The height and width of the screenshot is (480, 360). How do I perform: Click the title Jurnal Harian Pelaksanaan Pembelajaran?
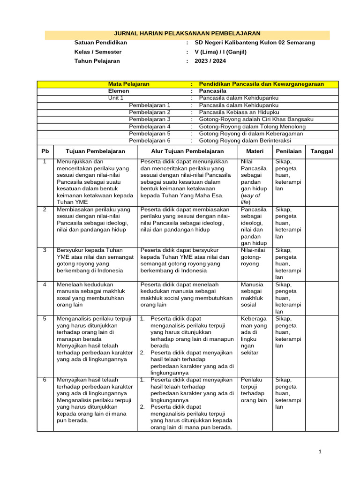[x=187, y=34]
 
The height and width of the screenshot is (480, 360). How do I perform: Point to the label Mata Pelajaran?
[x=129, y=84]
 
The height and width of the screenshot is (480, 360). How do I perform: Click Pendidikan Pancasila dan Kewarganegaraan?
[x=261, y=84]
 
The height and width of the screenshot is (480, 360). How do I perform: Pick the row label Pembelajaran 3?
[x=150, y=120]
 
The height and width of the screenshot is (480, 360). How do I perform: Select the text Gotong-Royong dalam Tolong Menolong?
[x=252, y=127]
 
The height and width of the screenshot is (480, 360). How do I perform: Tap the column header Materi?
[x=255, y=151]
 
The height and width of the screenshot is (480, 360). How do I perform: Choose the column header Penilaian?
[x=288, y=151]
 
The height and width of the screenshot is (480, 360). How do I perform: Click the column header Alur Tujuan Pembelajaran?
[x=187, y=151]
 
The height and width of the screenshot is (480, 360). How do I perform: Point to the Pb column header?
[x=45, y=151]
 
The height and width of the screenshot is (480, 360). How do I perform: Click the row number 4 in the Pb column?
[x=45, y=285]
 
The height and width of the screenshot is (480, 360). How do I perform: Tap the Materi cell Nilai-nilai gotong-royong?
[x=253, y=257]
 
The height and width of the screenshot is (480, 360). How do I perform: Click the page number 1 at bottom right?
[x=320, y=452]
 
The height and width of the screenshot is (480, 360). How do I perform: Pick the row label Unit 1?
[x=116, y=98]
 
